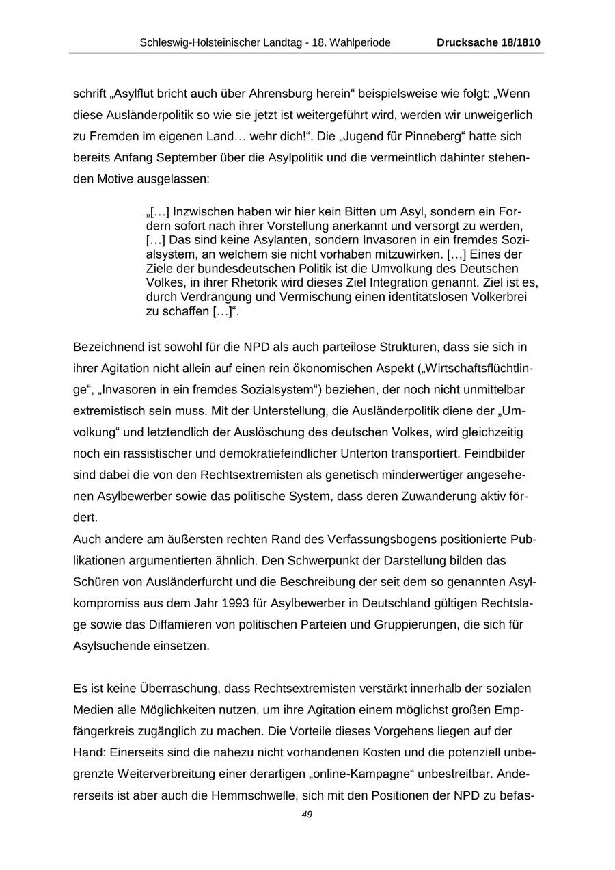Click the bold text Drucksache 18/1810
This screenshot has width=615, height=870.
point(488,42)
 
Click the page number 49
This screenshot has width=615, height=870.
point(307,815)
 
